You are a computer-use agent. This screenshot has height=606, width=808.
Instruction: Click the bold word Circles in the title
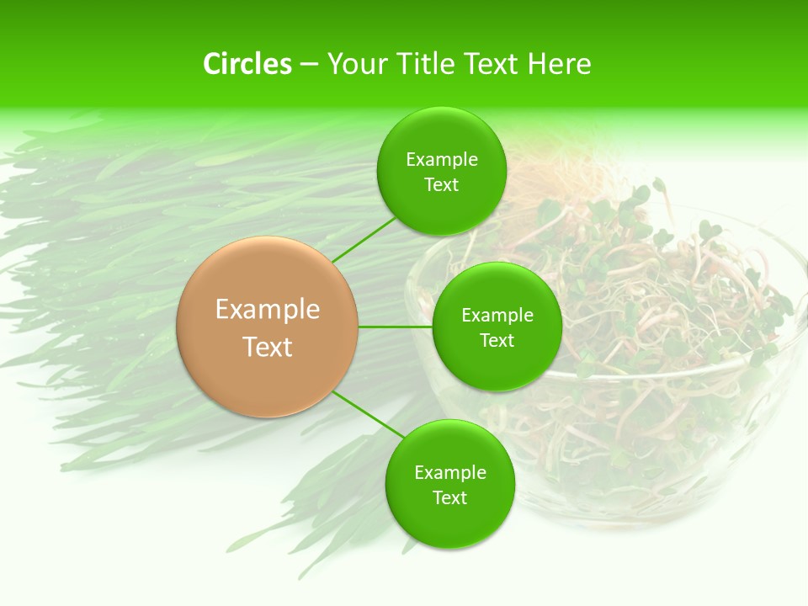point(247,64)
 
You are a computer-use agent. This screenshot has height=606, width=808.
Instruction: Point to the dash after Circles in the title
point(308,65)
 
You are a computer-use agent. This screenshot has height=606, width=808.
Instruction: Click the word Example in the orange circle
point(268,310)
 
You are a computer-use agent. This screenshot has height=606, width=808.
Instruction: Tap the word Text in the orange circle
point(268,347)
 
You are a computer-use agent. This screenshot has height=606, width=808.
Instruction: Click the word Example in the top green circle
point(442,160)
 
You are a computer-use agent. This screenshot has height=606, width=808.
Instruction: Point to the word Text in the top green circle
point(442,185)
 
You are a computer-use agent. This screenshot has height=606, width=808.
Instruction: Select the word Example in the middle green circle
point(497,316)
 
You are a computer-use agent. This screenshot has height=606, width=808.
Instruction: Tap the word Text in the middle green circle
point(497,341)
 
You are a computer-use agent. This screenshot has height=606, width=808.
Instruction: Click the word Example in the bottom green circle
point(450,473)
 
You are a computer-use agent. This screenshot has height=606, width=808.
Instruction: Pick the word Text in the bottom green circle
point(450,498)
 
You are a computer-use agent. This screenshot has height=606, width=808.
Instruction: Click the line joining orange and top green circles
point(364,240)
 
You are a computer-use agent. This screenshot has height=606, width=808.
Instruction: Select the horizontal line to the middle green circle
point(396,327)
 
